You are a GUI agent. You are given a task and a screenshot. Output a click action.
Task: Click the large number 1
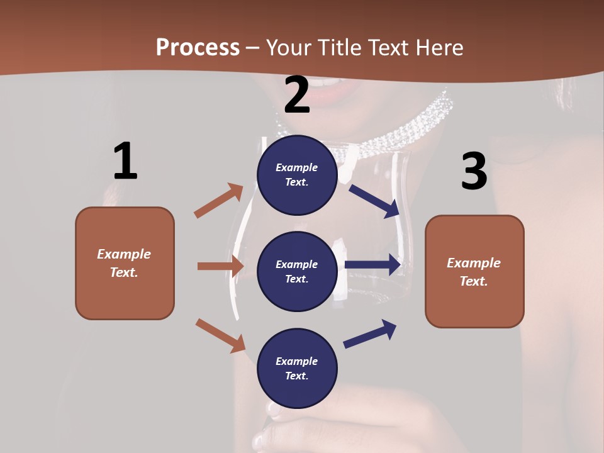coord(125,162)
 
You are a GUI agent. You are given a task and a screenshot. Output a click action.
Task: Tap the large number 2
coord(297,96)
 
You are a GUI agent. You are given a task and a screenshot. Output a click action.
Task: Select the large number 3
coord(474,172)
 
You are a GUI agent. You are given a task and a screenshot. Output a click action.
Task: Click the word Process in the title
coord(198,47)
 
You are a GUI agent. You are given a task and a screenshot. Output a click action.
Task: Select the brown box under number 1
coord(125,263)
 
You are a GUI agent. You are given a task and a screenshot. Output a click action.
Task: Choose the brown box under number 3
coord(474,271)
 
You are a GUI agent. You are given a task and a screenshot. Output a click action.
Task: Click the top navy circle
coord(297,174)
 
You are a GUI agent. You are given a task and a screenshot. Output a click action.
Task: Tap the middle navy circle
coord(297,271)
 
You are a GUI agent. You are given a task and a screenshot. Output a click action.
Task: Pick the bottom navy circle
coord(297,368)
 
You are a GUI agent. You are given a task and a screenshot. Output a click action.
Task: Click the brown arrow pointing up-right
coord(219,200)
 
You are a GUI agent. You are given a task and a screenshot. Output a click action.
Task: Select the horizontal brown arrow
coord(220,266)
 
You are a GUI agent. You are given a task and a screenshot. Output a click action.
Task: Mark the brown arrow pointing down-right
coord(220,335)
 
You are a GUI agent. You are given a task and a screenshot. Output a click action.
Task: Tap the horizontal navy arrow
coord(373,265)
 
